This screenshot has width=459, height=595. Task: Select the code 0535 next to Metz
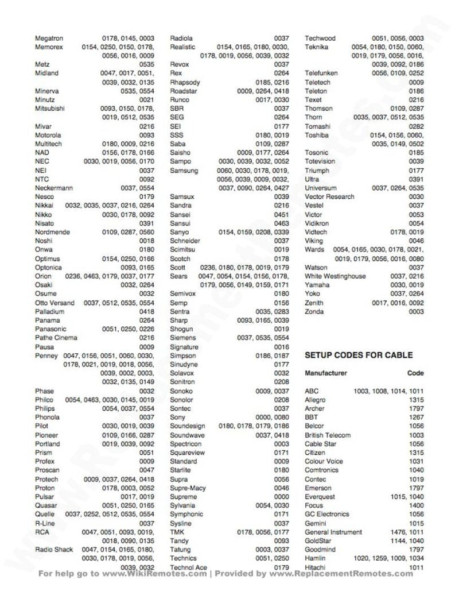[146, 64]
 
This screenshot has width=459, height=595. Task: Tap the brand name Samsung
[184, 171]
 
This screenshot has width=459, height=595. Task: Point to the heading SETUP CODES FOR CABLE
[358, 356]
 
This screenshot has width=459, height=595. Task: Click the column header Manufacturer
[325, 373]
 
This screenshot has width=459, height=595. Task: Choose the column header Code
[415, 373]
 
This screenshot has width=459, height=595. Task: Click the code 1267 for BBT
[416, 418]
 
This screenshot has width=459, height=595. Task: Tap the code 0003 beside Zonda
[416, 312]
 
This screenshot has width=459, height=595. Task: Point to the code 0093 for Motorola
[146, 135]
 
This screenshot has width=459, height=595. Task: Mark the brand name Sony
[177, 418]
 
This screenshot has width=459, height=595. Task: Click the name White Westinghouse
[334, 276]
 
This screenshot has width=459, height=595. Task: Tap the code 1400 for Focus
[416, 506]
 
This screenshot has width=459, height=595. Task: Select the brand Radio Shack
[54, 550]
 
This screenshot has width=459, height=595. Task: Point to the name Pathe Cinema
[56, 338]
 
